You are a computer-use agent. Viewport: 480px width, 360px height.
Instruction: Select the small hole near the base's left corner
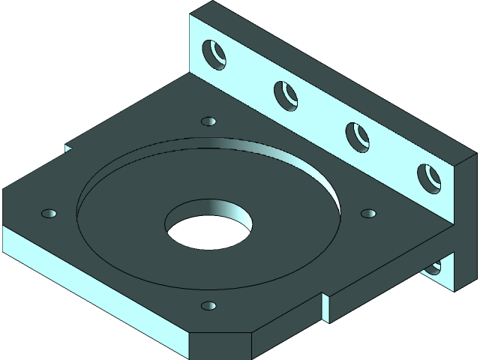(49, 214)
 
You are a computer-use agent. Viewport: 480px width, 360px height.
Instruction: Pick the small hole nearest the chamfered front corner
(209, 306)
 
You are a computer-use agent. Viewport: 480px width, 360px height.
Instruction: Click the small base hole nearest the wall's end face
(368, 214)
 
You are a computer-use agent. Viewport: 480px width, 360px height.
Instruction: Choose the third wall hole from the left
(357, 136)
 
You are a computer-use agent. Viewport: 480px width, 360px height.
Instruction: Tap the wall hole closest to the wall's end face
(429, 177)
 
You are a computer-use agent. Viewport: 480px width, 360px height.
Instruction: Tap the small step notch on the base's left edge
(68, 148)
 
